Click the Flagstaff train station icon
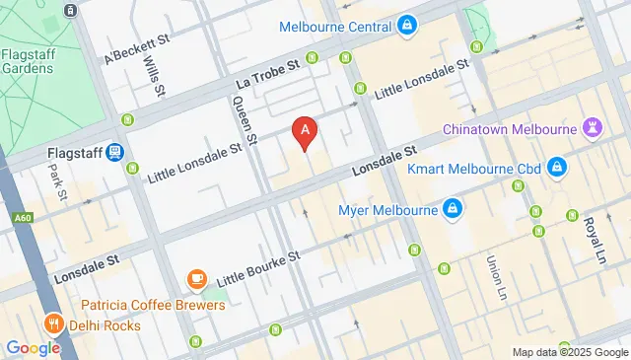(x=116, y=153)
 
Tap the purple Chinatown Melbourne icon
(x=593, y=128)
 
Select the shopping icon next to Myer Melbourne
(x=453, y=209)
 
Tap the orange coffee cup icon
(x=196, y=280)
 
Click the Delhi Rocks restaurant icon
(x=51, y=324)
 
